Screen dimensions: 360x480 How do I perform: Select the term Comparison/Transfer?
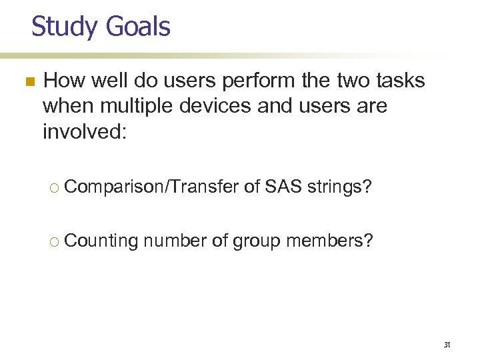[152, 188]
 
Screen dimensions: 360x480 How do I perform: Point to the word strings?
[341, 188]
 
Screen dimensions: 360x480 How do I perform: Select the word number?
[175, 240]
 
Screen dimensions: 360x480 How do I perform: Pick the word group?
[257, 240]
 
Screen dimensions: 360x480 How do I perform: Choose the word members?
[329, 240]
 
